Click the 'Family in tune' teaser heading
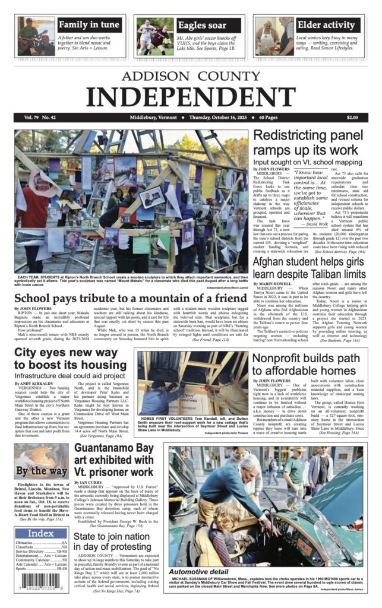click(x=89, y=25)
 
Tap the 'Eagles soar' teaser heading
click(x=201, y=25)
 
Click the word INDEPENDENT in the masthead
click(x=191, y=95)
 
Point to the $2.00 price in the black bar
click(x=352, y=117)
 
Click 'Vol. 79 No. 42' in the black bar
click(x=40, y=117)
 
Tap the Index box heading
click(x=41, y=534)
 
